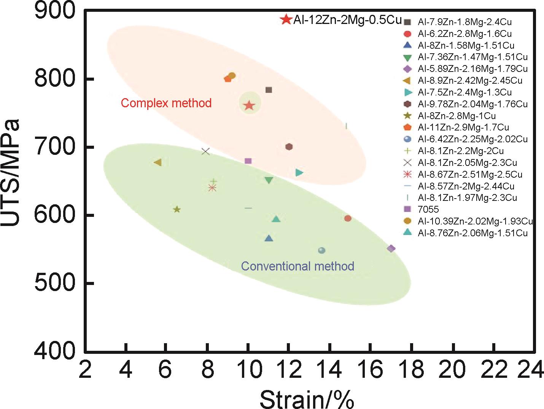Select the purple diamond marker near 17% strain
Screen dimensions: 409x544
tap(391, 248)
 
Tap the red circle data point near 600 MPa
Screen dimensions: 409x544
tap(348, 218)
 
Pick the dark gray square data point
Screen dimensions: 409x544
tap(269, 90)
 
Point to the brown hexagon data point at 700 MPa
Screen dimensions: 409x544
tap(289, 147)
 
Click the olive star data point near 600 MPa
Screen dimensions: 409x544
tap(177, 209)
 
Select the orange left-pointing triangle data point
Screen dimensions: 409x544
tap(157, 162)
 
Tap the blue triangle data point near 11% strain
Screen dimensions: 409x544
tap(269, 239)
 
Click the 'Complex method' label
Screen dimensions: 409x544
tap(166, 103)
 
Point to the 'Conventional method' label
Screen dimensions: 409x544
tap(297, 266)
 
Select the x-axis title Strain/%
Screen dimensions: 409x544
tap(307, 399)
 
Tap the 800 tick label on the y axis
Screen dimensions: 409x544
tap(55, 79)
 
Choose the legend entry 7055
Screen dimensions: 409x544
tap(428, 209)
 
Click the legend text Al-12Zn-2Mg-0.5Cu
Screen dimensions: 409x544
tap(347, 20)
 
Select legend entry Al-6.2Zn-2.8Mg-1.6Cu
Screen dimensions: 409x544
tap(464, 34)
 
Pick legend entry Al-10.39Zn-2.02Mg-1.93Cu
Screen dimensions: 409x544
tap(475, 221)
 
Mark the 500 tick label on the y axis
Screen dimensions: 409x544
tap(55, 283)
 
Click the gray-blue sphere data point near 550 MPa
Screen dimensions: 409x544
tap(322, 250)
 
